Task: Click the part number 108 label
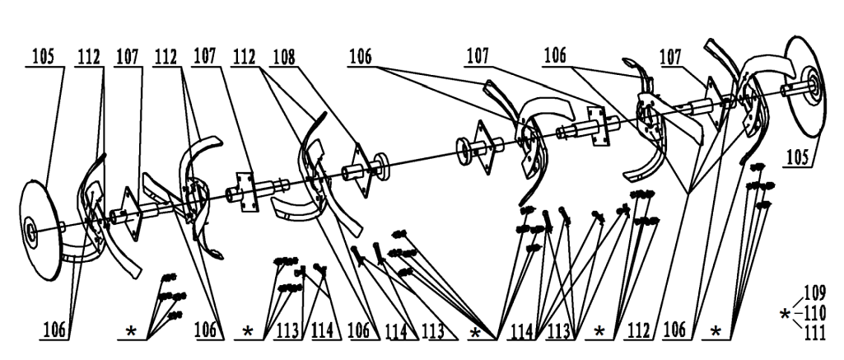pyautogui.click(x=284, y=58)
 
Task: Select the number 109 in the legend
pyautogui.click(x=814, y=293)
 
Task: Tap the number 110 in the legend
pyautogui.click(x=814, y=313)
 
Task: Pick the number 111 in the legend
pyautogui.click(x=815, y=333)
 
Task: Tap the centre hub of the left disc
pyautogui.click(x=30, y=232)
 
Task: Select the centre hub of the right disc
pyautogui.click(x=810, y=85)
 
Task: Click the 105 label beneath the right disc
pyautogui.click(x=797, y=158)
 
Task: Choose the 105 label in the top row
pyautogui.click(x=43, y=58)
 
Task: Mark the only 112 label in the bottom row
pyautogui.click(x=638, y=330)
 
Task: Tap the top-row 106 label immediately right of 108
pyautogui.click(x=361, y=58)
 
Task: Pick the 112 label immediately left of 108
pyautogui.click(x=245, y=58)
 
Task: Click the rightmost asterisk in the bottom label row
pyautogui.click(x=716, y=332)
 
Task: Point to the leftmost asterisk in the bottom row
pyautogui.click(x=131, y=332)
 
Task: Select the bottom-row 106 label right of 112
pyautogui.click(x=676, y=330)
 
